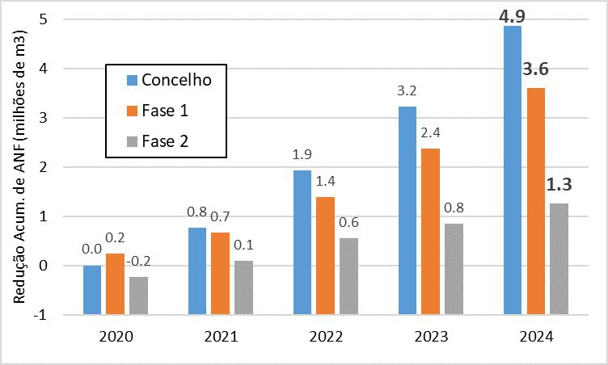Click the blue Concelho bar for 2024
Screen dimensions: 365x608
pos(512,170)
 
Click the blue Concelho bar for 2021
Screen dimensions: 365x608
pos(197,271)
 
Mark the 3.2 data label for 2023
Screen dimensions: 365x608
pos(407,89)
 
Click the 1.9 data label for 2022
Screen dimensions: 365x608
pos(302,153)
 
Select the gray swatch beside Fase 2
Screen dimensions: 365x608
pos(132,141)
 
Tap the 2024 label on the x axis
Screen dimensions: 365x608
pos(535,338)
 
